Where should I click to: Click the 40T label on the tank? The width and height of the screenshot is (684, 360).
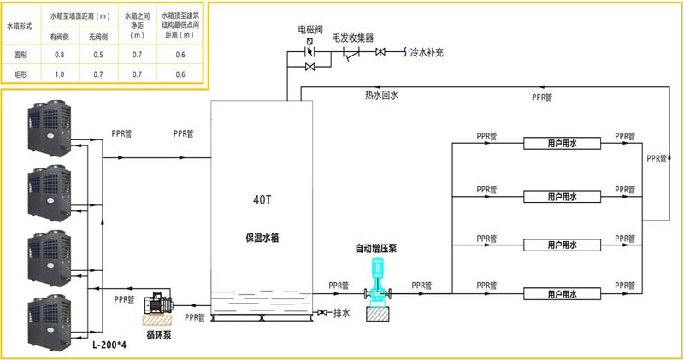point(262,199)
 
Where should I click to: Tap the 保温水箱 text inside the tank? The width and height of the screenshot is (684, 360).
point(262,237)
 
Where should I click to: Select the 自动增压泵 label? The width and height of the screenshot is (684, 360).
point(375,249)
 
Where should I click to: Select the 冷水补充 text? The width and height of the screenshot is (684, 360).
point(427,53)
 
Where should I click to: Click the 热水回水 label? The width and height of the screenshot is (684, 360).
point(381,95)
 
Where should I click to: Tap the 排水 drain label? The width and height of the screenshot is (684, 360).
point(342,313)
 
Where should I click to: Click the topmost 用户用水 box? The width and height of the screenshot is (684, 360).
point(562,144)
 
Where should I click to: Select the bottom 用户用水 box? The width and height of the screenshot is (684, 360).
point(562,294)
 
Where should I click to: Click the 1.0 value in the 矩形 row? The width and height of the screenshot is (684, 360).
point(60,74)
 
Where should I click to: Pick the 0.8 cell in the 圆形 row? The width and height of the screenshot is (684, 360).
point(60,55)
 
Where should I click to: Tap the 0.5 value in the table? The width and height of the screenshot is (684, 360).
point(97,55)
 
